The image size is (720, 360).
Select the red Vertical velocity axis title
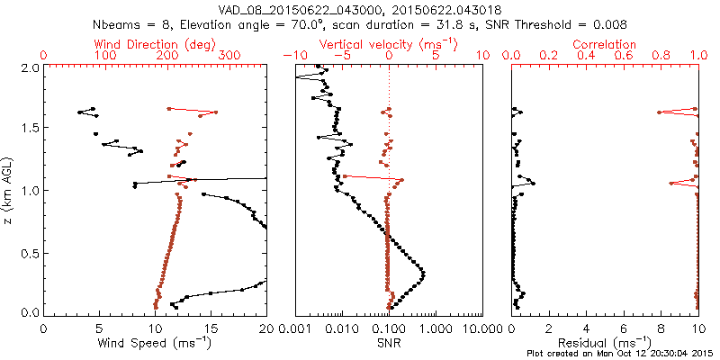[x=388, y=44]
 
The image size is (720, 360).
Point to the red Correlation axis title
[x=605, y=44]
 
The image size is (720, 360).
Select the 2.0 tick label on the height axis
[x=29, y=67]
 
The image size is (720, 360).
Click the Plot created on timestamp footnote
[x=621, y=353]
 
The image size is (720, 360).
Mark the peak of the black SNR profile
[x=423, y=273]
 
